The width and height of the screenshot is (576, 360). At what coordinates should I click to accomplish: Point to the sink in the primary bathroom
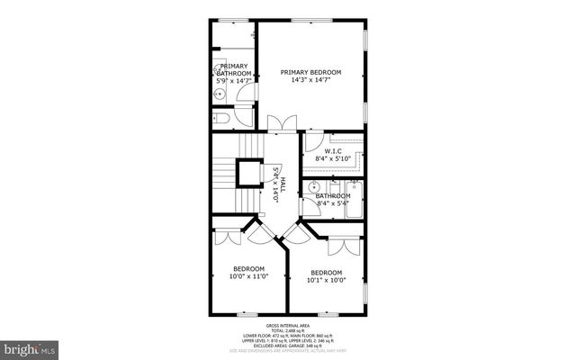click(x=219, y=93)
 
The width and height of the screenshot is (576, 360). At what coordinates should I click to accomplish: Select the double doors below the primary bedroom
click(x=280, y=124)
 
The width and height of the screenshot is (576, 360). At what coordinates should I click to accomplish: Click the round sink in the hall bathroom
click(x=312, y=188)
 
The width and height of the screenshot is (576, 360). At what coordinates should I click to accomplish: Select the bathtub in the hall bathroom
click(x=353, y=200)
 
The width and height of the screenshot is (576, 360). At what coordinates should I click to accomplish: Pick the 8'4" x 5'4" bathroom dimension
click(x=331, y=203)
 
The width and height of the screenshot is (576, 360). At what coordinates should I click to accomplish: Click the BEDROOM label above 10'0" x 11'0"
click(x=248, y=269)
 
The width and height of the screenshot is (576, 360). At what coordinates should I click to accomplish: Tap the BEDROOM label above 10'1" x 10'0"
click(x=326, y=273)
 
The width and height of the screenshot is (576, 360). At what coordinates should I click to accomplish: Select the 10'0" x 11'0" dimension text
click(x=248, y=277)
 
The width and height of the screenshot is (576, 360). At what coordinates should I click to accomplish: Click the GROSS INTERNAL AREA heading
click(x=288, y=325)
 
